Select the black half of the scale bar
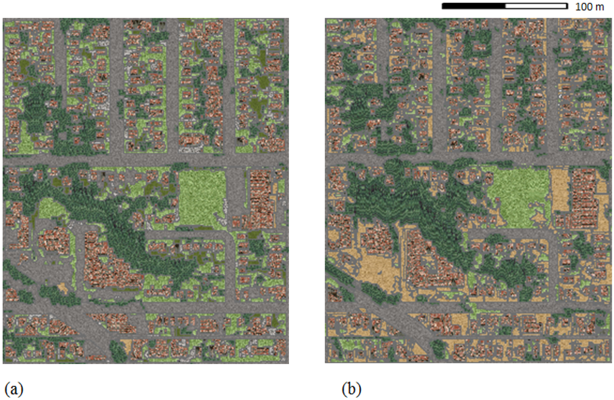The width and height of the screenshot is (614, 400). point(474,7)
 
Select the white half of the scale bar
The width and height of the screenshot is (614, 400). point(536,7)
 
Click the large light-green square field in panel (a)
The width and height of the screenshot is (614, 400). point(202,198)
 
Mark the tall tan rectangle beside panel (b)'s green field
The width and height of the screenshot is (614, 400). point(559,190)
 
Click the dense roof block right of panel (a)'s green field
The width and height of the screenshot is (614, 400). point(261,198)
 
